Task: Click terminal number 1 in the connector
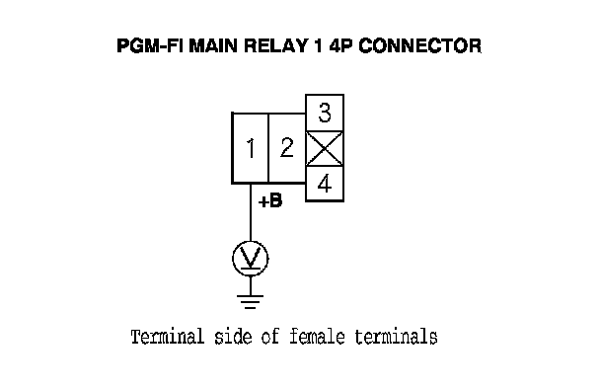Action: coord(251,148)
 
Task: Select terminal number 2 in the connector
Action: coord(287,148)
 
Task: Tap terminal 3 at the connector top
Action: coord(325,113)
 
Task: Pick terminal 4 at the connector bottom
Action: coord(325,184)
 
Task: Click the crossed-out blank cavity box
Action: coord(325,149)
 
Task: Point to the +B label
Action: coord(270,201)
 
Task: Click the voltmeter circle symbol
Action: coord(251,259)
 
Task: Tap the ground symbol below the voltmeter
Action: coord(251,302)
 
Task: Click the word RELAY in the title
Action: coord(275,45)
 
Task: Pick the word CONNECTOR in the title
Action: coord(420,45)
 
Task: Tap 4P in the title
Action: coord(340,45)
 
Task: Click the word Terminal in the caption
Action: coord(168,337)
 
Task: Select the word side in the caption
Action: coord(233,337)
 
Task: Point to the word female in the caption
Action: coord(317,337)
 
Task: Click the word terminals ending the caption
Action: coord(396,337)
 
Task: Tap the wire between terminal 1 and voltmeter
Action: coord(251,212)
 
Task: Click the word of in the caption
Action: coord(270,337)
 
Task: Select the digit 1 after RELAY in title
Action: coord(319,45)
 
